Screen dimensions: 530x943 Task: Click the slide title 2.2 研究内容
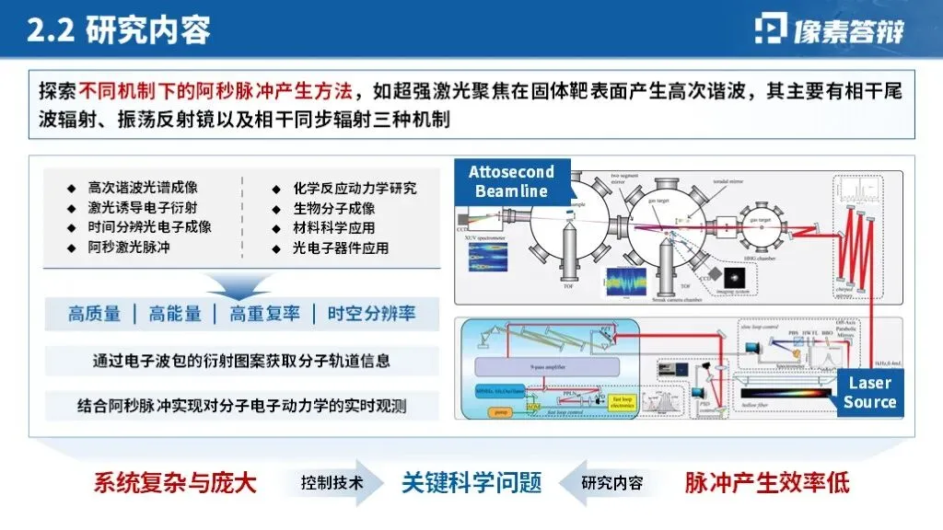click(x=119, y=31)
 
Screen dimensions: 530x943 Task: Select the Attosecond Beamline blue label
click(x=512, y=182)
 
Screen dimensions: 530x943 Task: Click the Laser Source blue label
click(x=868, y=393)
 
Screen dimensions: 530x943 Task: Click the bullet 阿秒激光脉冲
click(x=129, y=248)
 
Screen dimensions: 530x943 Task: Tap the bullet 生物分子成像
click(x=333, y=208)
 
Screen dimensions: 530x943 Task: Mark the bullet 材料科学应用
click(x=333, y=227)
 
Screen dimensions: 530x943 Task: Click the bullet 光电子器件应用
click(x=340, y=248)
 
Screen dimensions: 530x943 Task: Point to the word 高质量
click(x=94, y=314)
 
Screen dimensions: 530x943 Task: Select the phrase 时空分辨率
click(x=371, y=314)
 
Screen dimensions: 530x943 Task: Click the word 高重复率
click(x=265, y=314)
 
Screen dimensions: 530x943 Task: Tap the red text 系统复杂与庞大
click(x=174, y=482)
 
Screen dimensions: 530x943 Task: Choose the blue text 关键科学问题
click(x=471, y=482)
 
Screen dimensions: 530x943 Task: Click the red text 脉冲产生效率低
click(x=766, y=482)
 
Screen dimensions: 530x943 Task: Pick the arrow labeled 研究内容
click(x=610, y=482)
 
